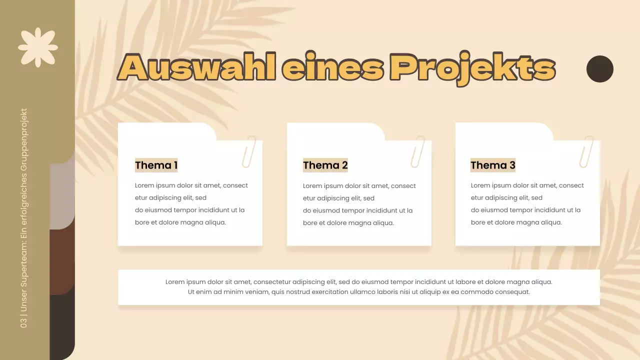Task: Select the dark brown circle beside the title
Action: (x=599, y=69)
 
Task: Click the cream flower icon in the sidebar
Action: (x=38, y=47)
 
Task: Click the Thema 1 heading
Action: (x=156, y=165)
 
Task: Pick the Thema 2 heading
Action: (x=325, y=165)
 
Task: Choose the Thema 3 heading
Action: (x=492, y=165)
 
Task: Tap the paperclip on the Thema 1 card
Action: (x=248, y=151)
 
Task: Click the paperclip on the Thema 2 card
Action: (x=417, y=151)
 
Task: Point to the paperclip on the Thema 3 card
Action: (x=586, y=151)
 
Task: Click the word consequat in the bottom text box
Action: (x=513, y=292)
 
